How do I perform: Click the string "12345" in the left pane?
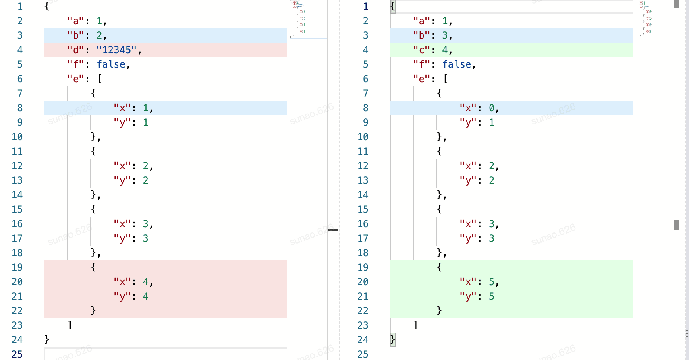(x=116, y=50)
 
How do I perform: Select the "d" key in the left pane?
(x=75, y=50)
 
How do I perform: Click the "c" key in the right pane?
(x=421, y=50)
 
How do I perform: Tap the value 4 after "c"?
(x=445, y=50)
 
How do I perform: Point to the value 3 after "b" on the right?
(x=445, y=35)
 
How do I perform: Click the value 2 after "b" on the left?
(x=99, y=35)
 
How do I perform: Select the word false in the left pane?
(x=111, y=64)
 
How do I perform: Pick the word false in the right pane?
(x=457, y=64)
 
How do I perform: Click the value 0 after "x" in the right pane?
(x=492, y=108)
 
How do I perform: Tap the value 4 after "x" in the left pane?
(x=145, y=282)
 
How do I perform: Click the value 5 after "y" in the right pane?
(x=492, y=296)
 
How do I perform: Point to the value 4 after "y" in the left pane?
(x=145, y=296)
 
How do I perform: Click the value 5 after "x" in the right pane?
(x=492, y=282)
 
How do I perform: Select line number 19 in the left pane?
(x=17, y=267)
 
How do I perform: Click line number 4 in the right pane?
(x=365, y=50)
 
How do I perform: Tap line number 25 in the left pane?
(x=17, y=354)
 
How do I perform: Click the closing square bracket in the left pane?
(x=70, y=325)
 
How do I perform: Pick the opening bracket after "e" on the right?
(x=445, y=79)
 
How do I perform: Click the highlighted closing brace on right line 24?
(x=393, y=339)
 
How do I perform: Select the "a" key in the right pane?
(x=421, y=21)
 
